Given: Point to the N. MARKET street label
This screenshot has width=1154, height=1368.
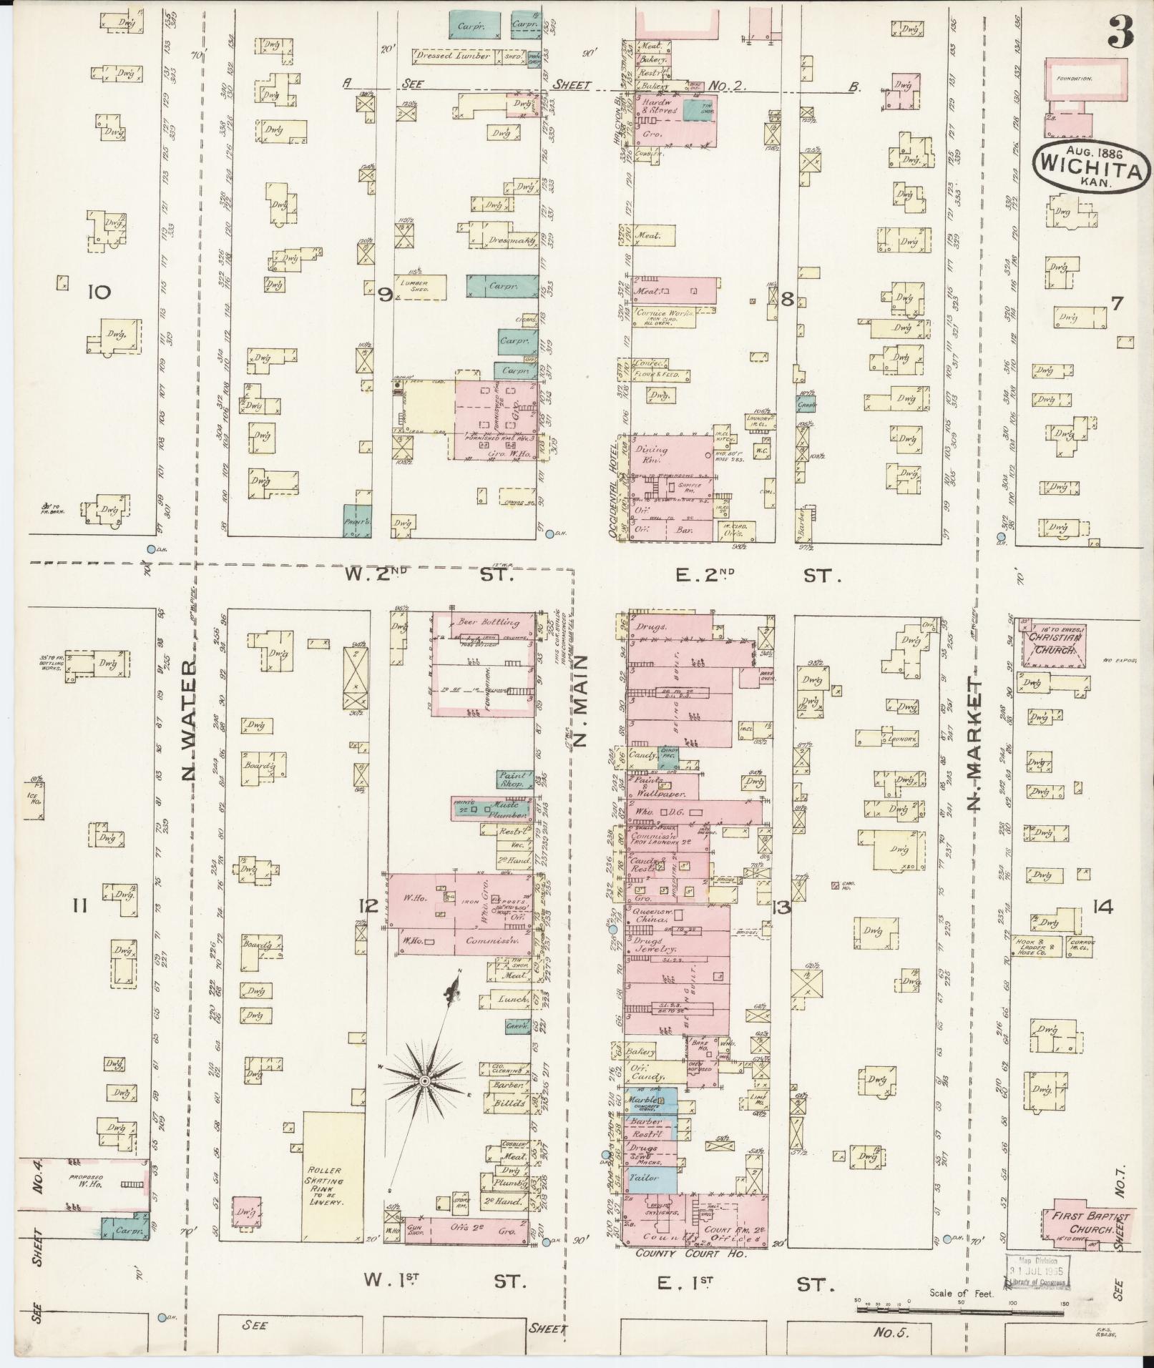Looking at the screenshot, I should tap(975, 744).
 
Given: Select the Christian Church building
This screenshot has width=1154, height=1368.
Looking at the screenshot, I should tap(1055, 643).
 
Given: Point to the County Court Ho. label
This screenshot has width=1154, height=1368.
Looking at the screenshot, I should tap(690, 1254).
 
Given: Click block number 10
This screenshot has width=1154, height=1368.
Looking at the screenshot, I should tap(99, 292).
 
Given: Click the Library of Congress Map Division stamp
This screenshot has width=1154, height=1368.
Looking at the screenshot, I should tap(1037, 1269).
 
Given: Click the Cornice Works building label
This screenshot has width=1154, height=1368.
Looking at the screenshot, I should tap(662, 314).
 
